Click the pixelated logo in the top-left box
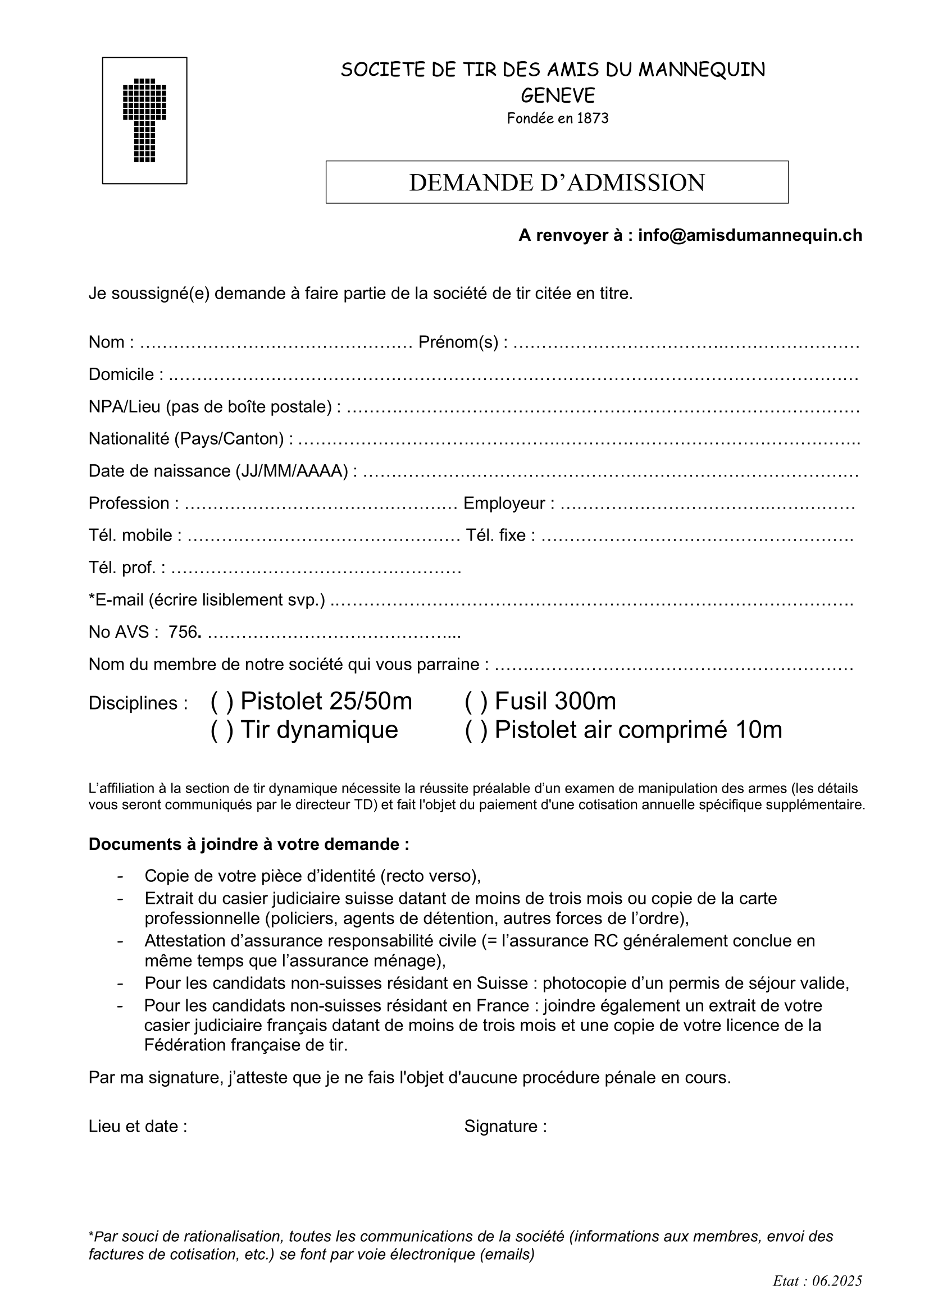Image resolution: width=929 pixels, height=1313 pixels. (x=145, y=120)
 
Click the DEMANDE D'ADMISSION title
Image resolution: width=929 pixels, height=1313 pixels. (x=557, y=182)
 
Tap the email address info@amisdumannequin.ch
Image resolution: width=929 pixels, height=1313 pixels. (x=749, y=236)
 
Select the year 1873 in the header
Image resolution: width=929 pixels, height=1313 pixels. (x=593, y=118)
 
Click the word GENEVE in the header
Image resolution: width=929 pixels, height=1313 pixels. (x=558, y=95)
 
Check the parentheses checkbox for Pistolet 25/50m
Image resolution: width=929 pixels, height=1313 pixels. (x=222, y=702)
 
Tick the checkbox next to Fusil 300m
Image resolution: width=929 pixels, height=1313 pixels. (x=476, y=702)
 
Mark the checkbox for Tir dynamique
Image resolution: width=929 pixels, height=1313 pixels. (x=222, y=730)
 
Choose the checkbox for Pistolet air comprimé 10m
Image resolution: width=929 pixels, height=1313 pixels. (x=476, y=730)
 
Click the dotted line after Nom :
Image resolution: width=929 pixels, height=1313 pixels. (x=275, y=343)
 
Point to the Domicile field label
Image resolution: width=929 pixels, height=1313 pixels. (x=121, y=374)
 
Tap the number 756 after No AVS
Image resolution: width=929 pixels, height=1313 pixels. (x=183, y=632)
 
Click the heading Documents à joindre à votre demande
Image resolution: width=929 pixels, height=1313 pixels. (x=249, y=844)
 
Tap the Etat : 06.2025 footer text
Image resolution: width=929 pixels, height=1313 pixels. (x=817, y=1281)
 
